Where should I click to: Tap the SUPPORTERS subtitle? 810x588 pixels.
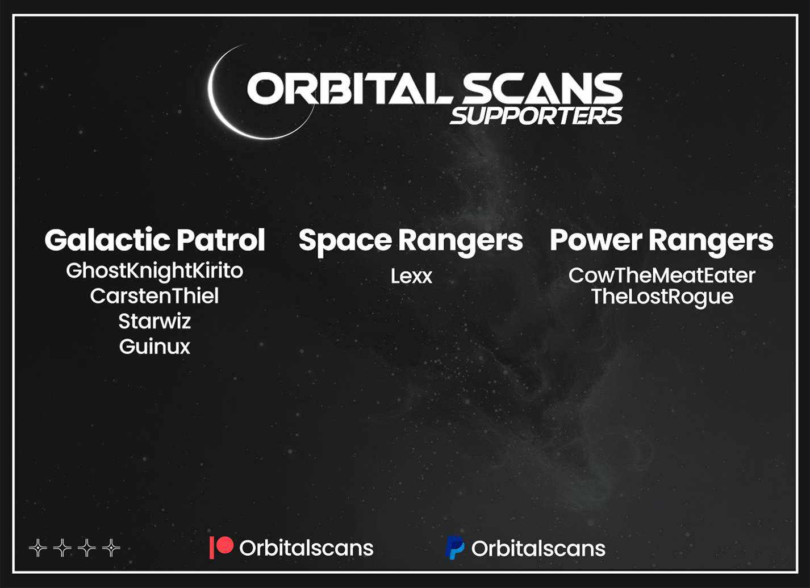pyautogui.click(x=536, y=116)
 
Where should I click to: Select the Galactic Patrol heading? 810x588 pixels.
pyautogui.click(x=155, y=240)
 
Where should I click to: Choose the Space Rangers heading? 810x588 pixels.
pyautogui.click(x=411, y=241)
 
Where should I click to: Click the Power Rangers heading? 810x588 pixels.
pyautogui.click(x=662, y=241)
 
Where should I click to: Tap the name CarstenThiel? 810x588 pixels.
pyautogui.click(x=155, y=296)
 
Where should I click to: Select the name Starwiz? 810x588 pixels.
pyautogui.click(x=155, y=321)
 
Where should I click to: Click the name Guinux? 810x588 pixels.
pyautogui.click(x=155, y=347)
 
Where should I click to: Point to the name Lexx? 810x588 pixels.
pyautogui.click(x=411, y=276)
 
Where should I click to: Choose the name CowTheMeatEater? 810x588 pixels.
pyautogui.click(x=662, y=276)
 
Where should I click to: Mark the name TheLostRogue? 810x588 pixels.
pyautogui.click(x=662, y=297)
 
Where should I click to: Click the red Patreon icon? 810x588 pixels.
pyautogui.click(x=222, y=547)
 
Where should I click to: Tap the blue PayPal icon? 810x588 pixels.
pyautogui.click(x=454, y=548)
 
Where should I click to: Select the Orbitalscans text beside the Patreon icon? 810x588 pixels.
pyautogui.click(x=306, y=548)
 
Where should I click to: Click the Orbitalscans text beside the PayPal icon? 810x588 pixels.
pyautogui.click(x=538, y=548)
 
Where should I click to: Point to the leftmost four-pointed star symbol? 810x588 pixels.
pyautogui.click(x=38, y=548)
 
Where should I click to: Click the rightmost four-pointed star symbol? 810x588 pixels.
pyautogui.click(x=111, y=548)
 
